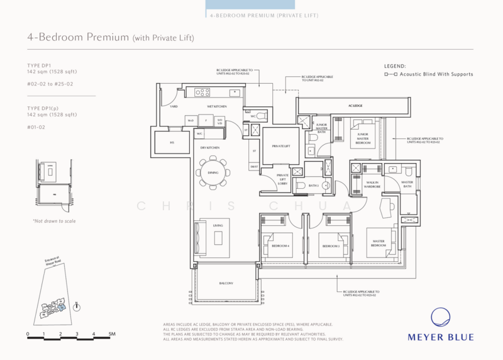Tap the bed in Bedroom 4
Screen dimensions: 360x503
pos(280,244)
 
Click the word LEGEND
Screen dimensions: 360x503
pos(395,65)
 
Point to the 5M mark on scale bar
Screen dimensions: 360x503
pos(111,334)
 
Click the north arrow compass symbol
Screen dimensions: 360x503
pos(77,307)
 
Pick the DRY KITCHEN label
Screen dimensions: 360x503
pos(209,147)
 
